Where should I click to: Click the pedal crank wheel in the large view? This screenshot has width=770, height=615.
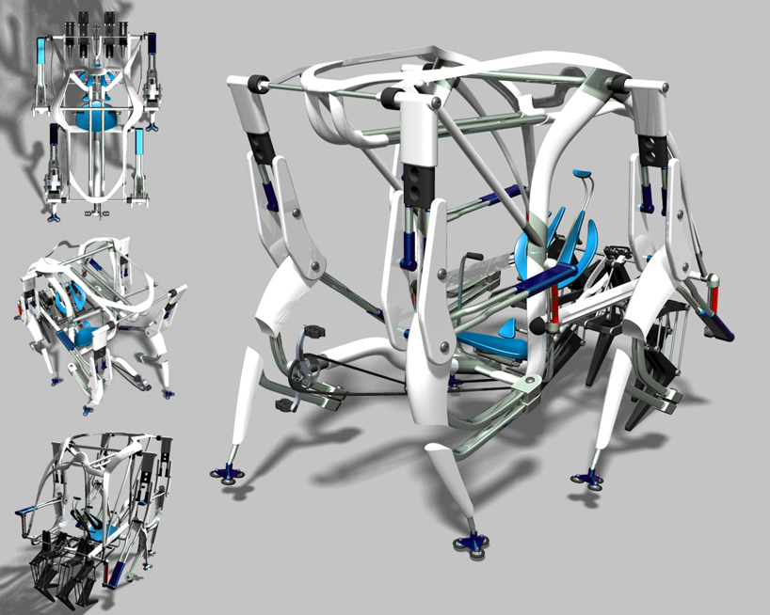point(305,370)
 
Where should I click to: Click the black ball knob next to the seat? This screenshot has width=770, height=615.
point(537,324)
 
